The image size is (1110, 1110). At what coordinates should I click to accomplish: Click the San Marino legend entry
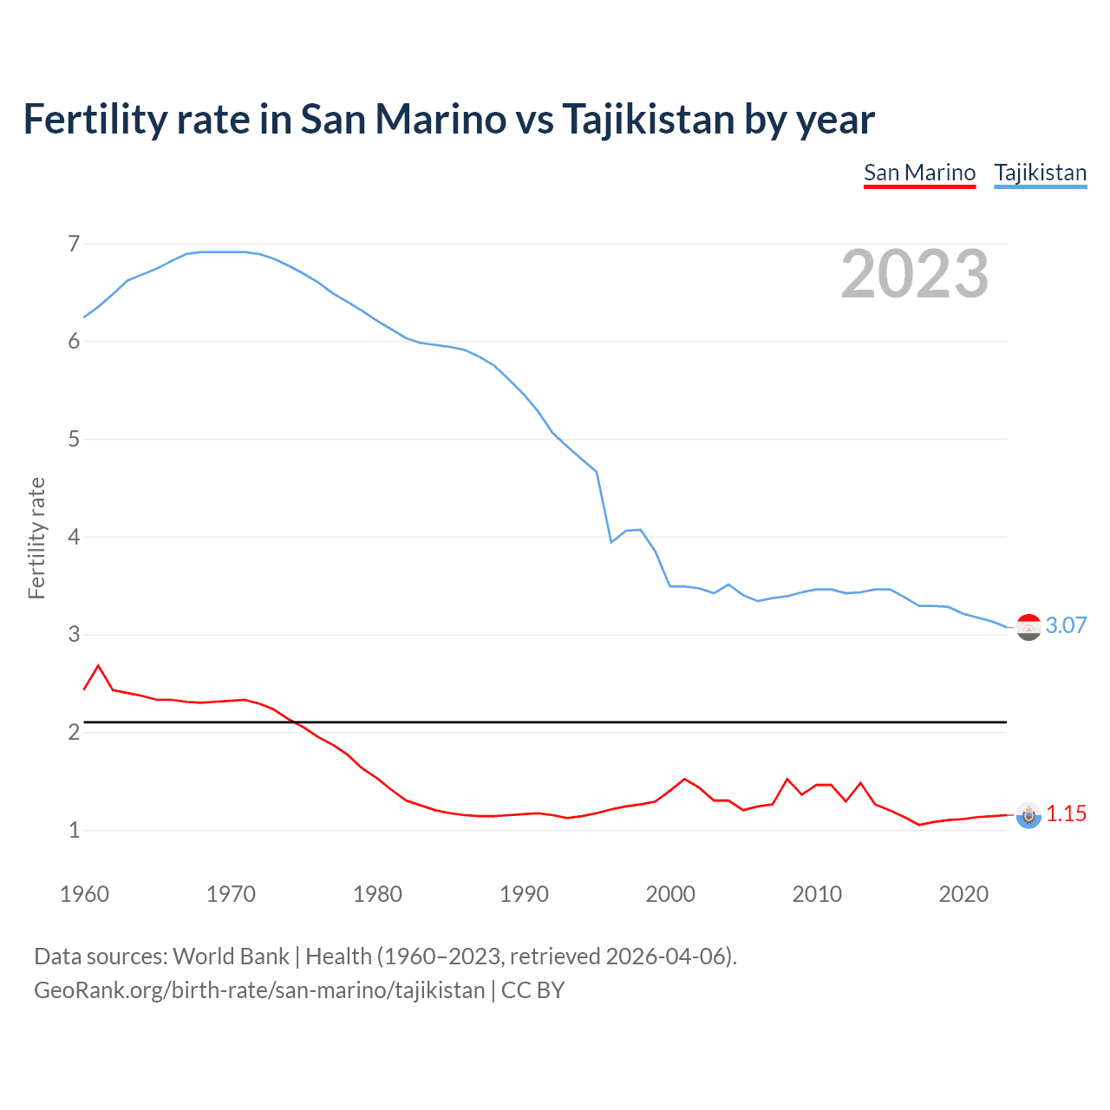click(x=919, y=173)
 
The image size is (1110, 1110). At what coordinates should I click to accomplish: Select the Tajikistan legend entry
click(x=1040, y=173)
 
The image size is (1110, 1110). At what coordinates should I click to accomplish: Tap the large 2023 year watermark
click(x=914, y=274)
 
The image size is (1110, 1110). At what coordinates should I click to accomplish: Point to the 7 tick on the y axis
click(x=74, y=244)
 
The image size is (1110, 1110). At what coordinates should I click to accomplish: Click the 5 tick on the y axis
click(x=74, y=439)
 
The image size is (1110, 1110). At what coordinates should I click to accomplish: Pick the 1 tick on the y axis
click(x=74, y=830)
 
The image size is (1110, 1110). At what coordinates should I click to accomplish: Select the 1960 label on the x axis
click(x=84, y=894)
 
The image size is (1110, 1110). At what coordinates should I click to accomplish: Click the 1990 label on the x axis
click(x=524, y=894)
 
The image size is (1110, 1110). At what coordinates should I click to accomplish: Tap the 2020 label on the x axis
click(x=963, y=894)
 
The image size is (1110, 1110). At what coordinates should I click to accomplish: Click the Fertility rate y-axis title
click(x=36, y=538)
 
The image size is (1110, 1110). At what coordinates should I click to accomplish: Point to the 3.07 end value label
click(x=1066, y=625)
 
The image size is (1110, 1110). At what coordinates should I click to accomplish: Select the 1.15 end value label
click(x=1066, y=813)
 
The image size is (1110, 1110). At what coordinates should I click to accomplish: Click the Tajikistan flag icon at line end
click(x=1028, y=626)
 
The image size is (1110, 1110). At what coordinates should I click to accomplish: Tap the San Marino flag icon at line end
click(x=1028, y=815)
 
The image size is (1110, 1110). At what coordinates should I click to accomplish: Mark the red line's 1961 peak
click(x=98, y=666)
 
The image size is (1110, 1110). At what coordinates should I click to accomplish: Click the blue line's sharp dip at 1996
click(x=611, y=542)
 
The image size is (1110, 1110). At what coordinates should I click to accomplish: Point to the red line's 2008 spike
click(x=787, y=779)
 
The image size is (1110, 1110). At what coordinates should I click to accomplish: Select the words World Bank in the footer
click(x=231, y=957)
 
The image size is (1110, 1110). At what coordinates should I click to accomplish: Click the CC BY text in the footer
click(x=532, y=990)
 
